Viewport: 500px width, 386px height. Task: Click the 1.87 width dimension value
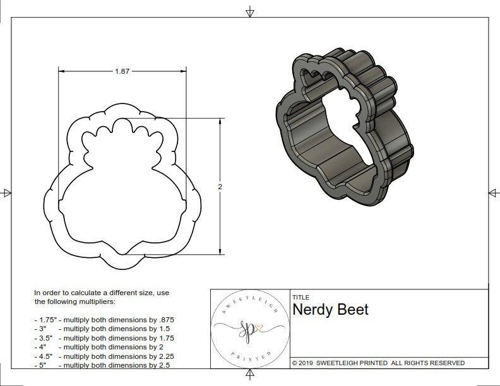122,72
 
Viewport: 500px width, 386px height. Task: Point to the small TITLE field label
301,297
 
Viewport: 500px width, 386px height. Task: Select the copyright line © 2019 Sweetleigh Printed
378,363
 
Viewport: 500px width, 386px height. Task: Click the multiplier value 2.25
162,356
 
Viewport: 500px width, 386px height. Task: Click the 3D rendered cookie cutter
343,129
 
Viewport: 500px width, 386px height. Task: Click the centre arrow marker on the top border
250,12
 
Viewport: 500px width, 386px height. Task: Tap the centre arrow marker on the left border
7,193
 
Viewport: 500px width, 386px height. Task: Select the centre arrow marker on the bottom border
250,376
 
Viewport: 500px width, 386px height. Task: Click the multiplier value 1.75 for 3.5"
162,338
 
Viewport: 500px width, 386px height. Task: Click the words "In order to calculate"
69,293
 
